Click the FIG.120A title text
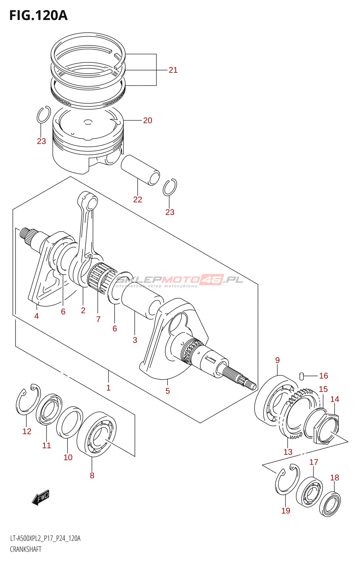[x=38, y=15]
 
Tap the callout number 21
[x=173, y=70]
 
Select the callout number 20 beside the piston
[x=148, y=120]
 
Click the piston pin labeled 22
[x=140, y=170]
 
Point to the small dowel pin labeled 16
[x=301, y=376]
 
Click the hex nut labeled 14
[x=326, y=429]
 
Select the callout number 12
[x=27, y=431]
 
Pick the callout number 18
[x=334, y=478]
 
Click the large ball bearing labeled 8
[x=97, y=435]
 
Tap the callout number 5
[x=168, y=391]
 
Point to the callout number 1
[x=109, y=388]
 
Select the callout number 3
[x=135, y=340]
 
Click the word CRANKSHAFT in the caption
[x=26, y=549]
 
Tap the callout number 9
[x=277, y=360]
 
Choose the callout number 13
[x=288, y=452]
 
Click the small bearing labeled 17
[x=309, y=491]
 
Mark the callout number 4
[x=37, y=316]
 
